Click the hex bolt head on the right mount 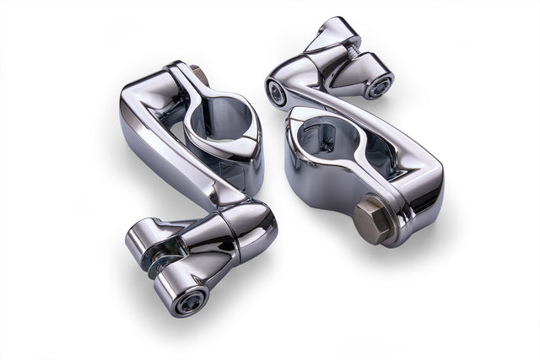[372, 219]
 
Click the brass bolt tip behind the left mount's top [201, 75]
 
